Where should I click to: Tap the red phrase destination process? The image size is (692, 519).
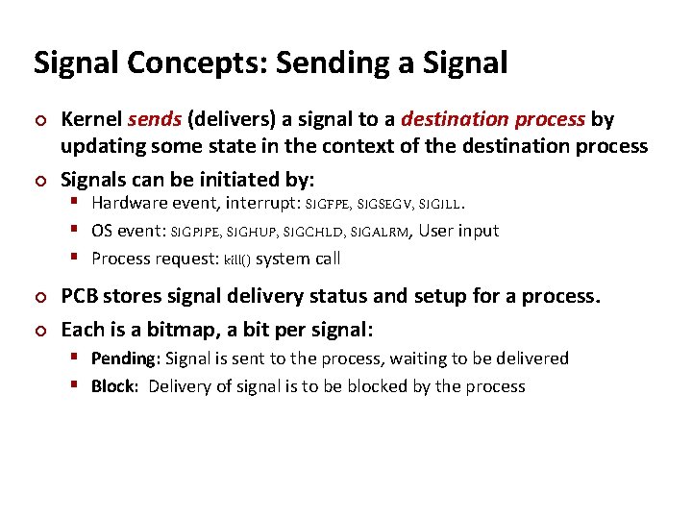[x=493, y=119]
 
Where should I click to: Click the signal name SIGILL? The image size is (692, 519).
[x=441, y=204]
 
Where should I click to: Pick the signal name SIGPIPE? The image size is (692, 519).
[x=196, y=232]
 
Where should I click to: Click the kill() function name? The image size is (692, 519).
[x=237, y=259]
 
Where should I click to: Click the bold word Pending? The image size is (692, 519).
[x=125, y=358]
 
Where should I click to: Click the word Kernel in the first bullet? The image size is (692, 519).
[x=91, y=119]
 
